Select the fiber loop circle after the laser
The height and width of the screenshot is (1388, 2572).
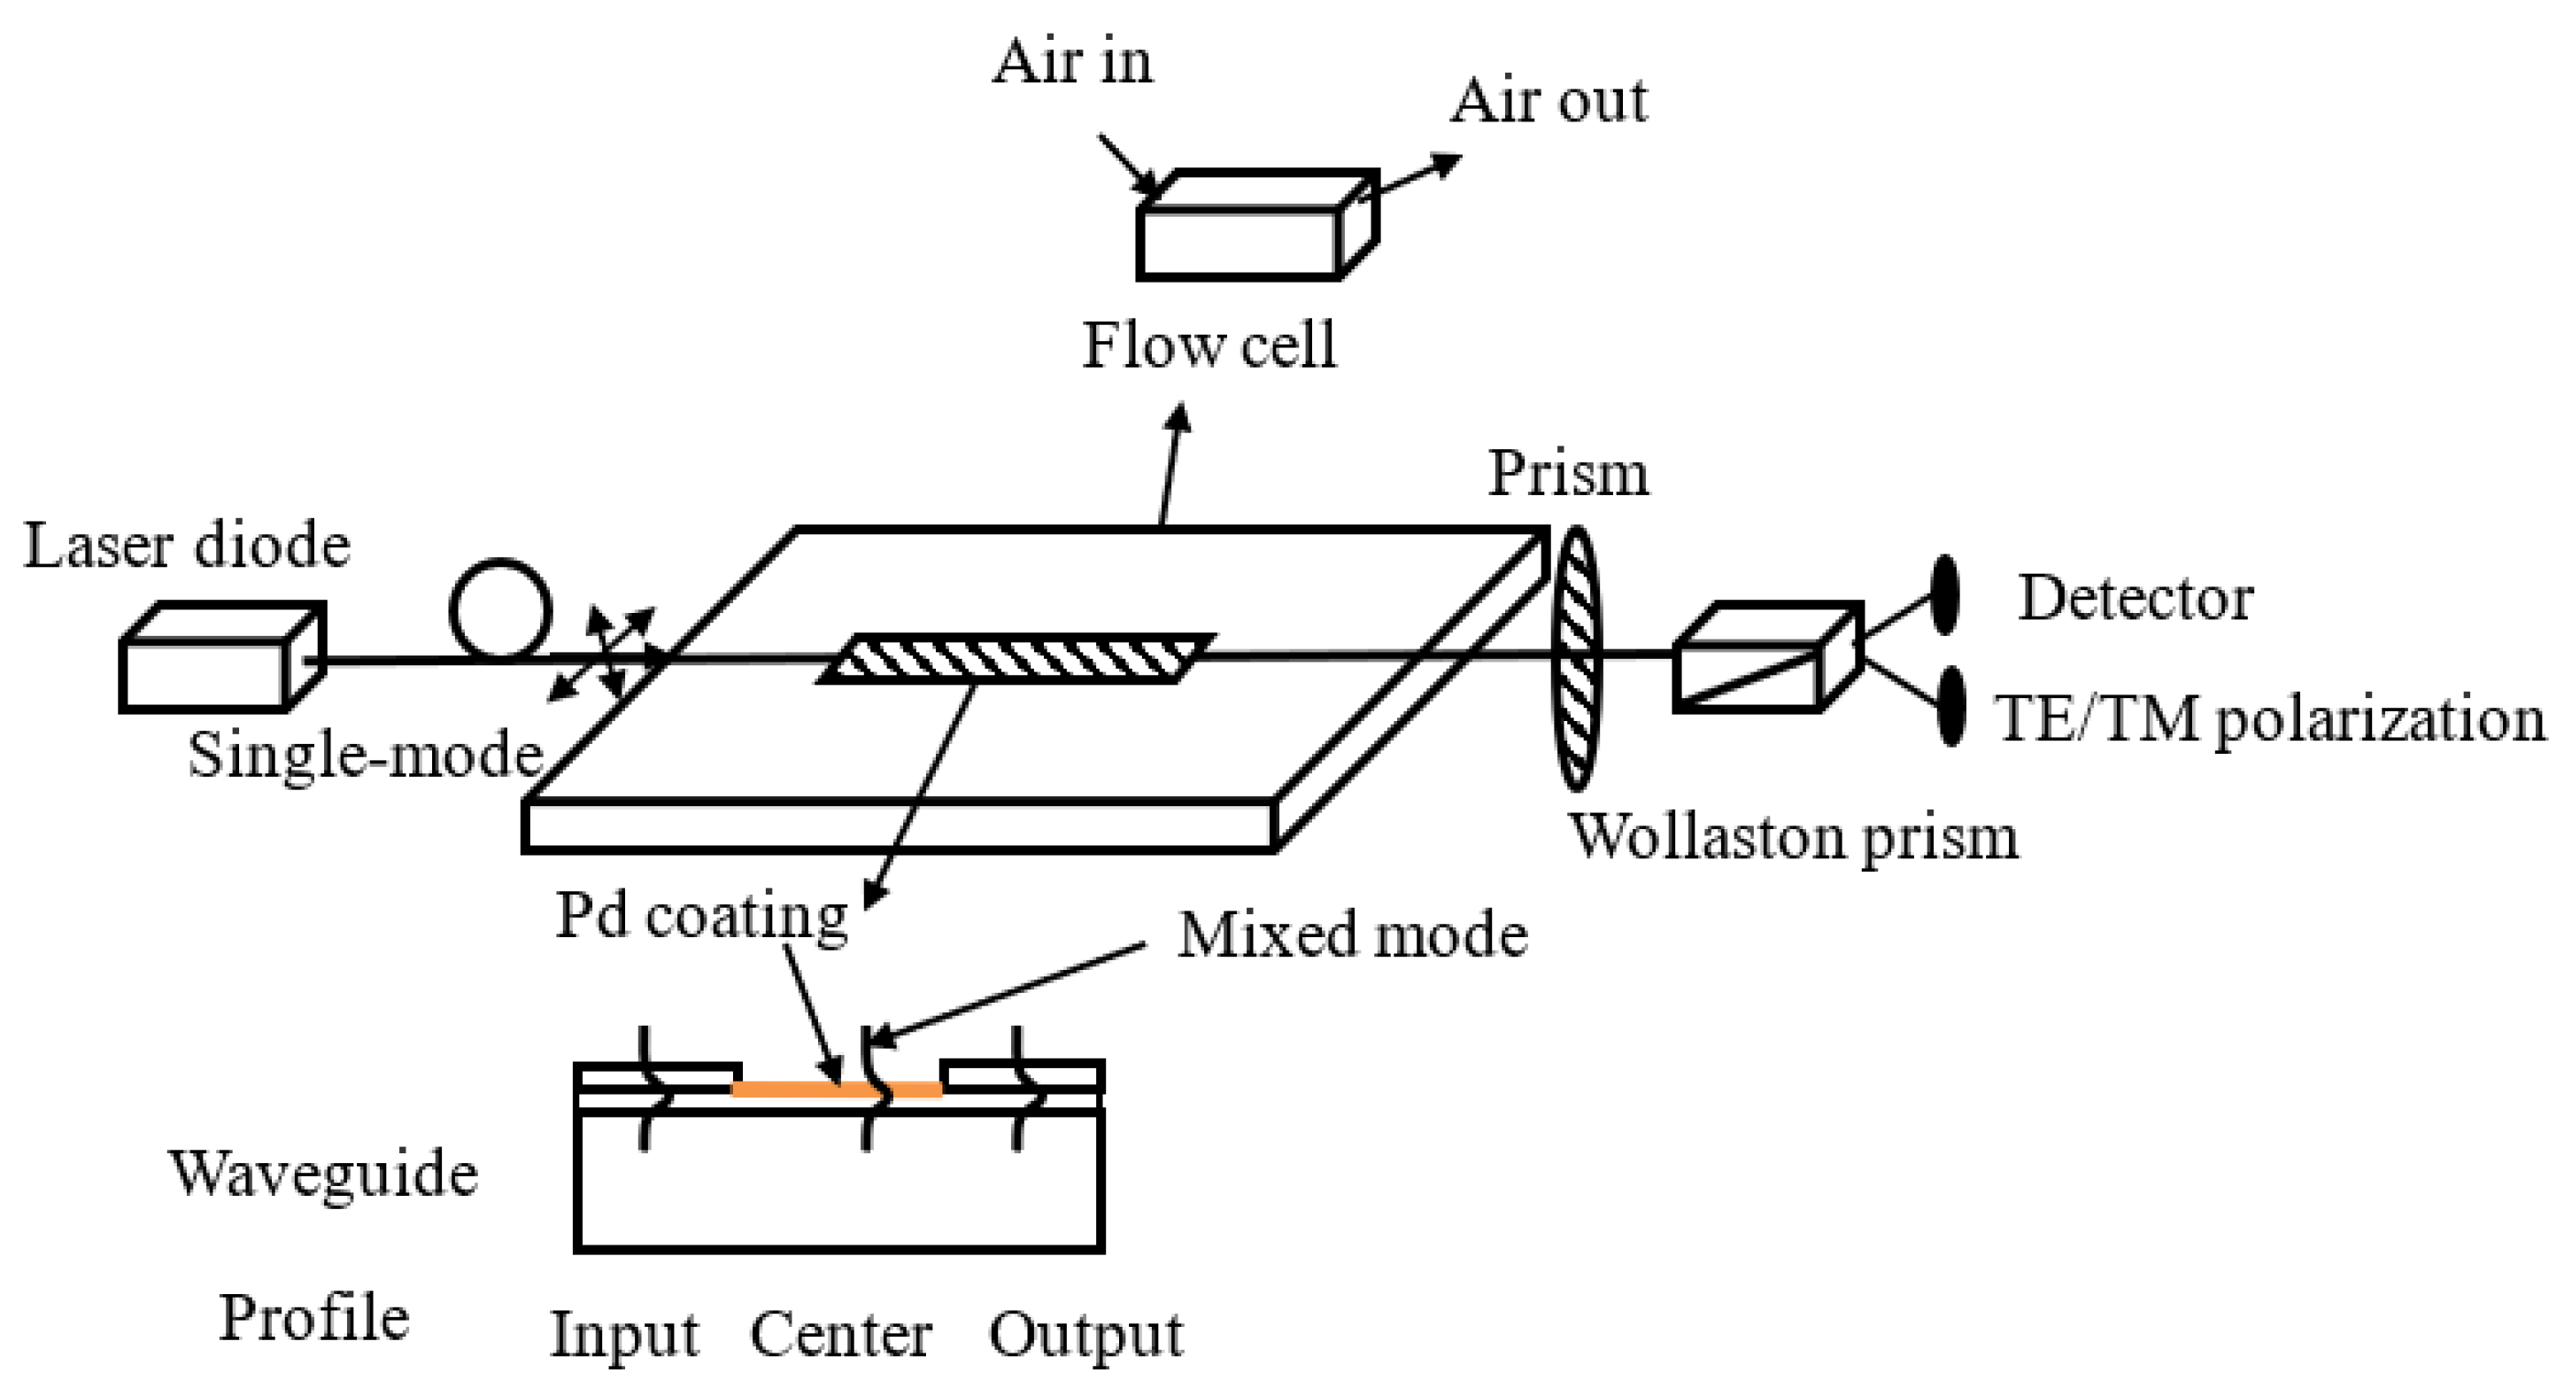pyautogui.click(x=499, y=609)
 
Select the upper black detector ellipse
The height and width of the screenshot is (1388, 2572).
pyautogui.click(x=1944, y=595)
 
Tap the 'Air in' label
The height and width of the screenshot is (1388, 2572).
pyautogui.click(x=1071, y=62)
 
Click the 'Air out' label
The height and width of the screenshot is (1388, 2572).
pyautogui.click(x=1548, y=102)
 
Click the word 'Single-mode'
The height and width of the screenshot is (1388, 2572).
pyautogui.click(x=366, y=755)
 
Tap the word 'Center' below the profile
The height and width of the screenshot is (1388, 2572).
pyautogui.click(x=841, y=1334)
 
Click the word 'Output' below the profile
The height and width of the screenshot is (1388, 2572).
pyautogui.click(x=1085, y=1334)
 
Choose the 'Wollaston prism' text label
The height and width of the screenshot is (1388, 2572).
pyautogui.click(x=1793, y=837)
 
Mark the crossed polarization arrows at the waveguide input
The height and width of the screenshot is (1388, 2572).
pyautogui.click(x=604, y=654)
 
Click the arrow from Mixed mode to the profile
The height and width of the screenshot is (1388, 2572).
pyautogui.click(x=1008, y=989)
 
